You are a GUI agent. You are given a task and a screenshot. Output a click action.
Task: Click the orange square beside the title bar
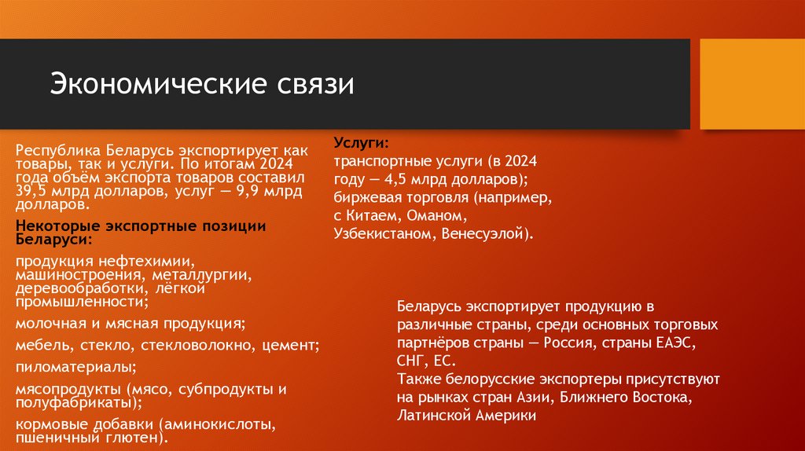[x=752, y=84]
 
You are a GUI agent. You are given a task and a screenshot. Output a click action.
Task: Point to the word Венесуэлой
[x=487, y=233]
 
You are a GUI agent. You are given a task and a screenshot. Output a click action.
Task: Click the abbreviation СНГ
[x=410, y=361]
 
